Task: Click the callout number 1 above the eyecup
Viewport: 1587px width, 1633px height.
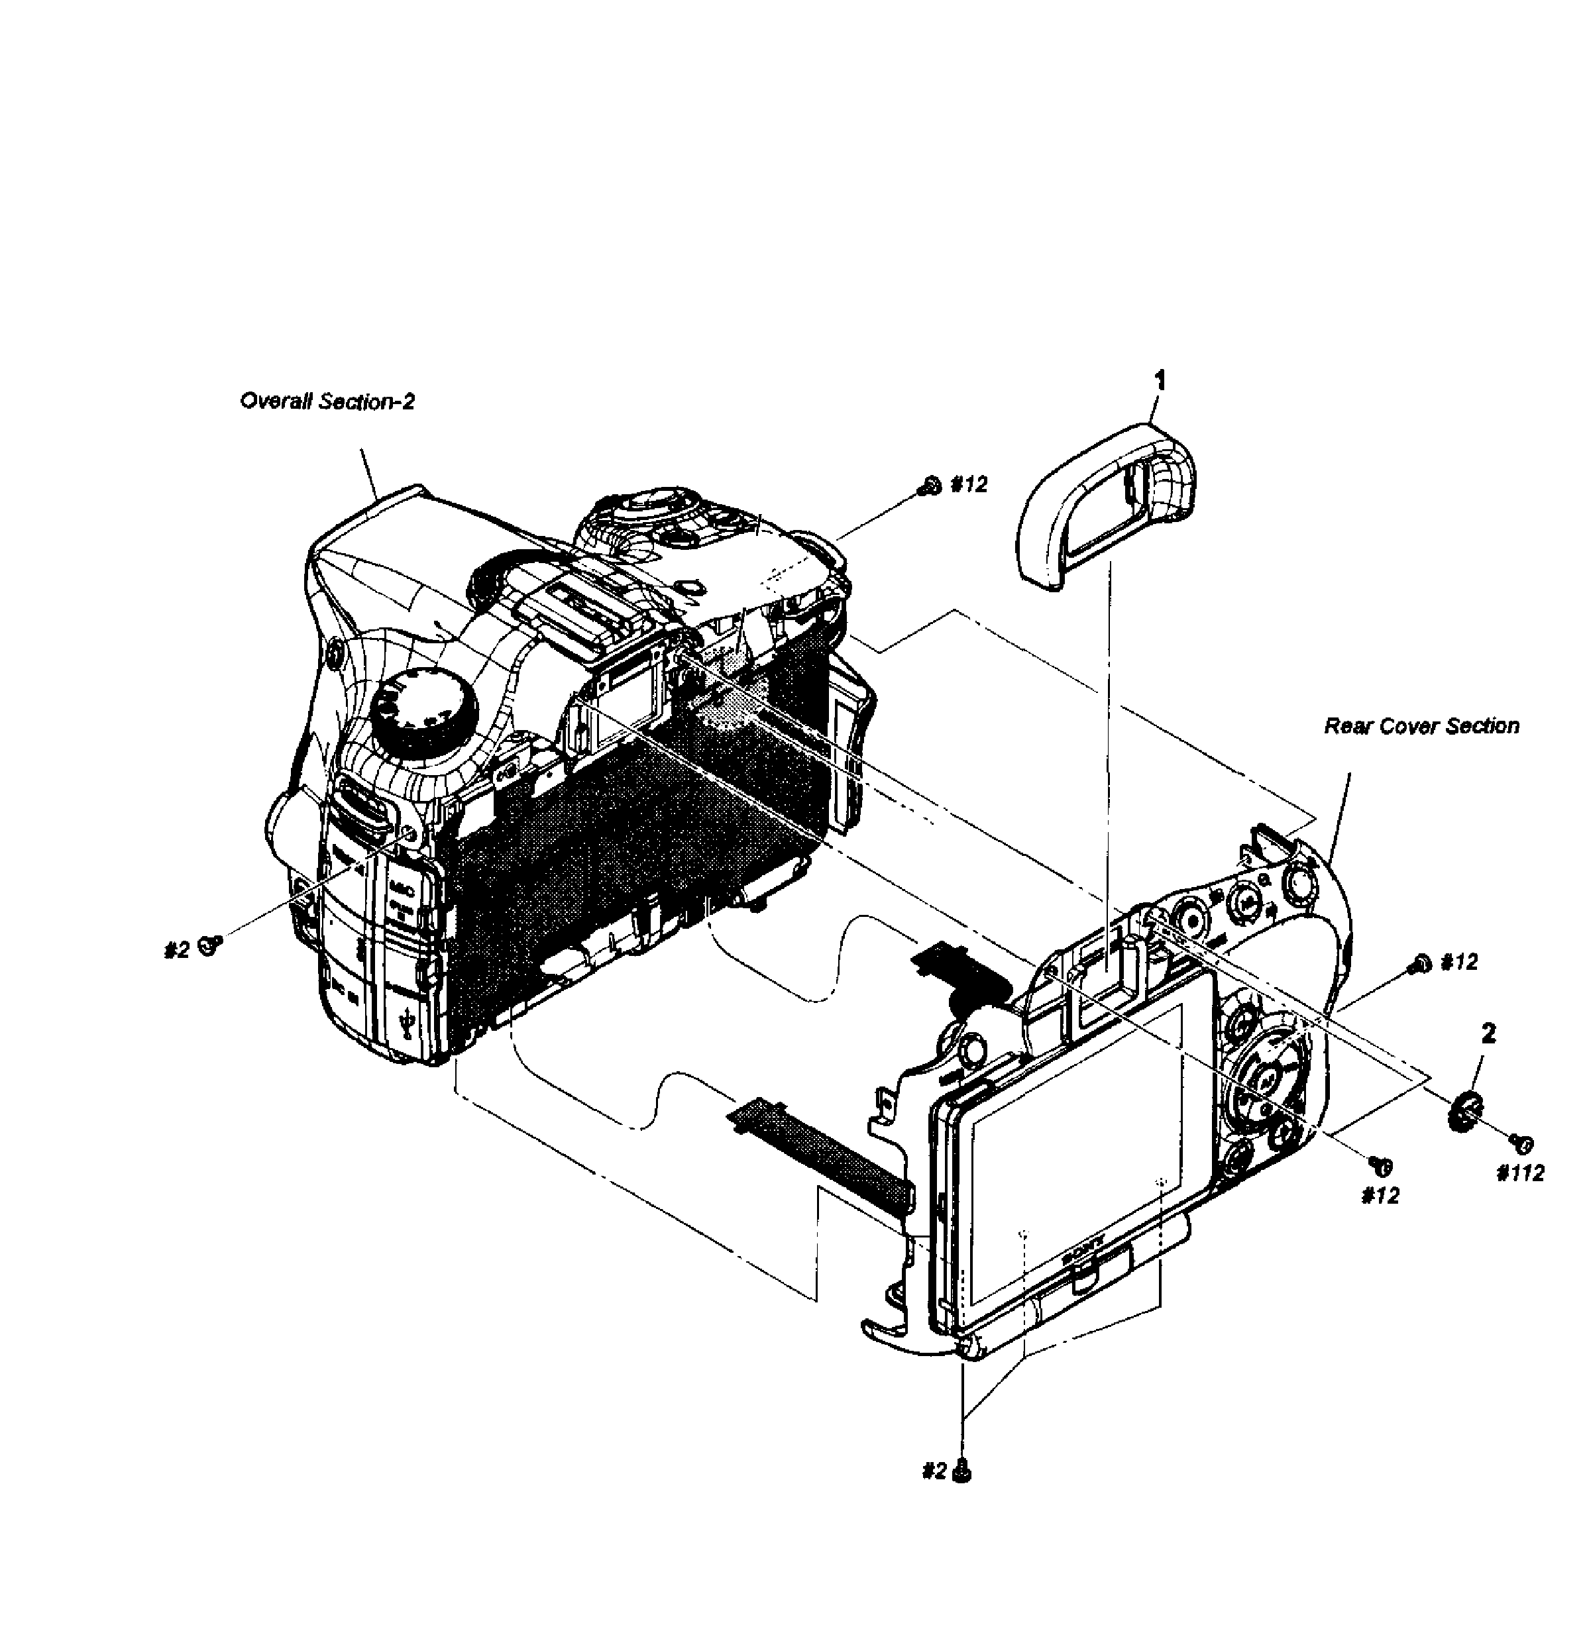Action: tap(1160, 381)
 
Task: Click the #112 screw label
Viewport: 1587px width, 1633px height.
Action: tap(1520, 1174)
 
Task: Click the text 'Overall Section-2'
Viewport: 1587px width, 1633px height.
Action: tap(327, 401)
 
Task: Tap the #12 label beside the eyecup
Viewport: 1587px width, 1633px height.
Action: tap(969, 485)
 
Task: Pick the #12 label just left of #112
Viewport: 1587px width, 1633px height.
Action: tap(1380, 1196)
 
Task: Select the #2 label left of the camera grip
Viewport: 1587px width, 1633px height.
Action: tap(177, 950)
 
